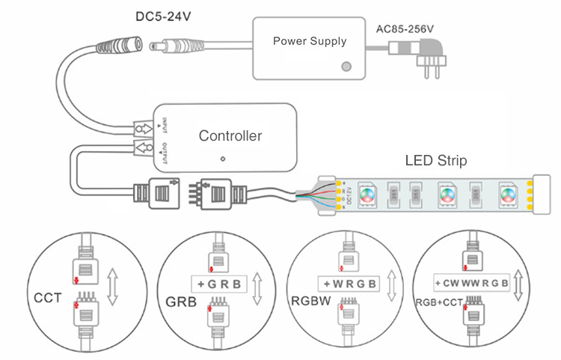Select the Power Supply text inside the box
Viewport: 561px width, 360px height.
point(310,40)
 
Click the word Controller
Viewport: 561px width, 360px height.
point(230,136)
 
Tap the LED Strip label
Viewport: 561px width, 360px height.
point(435,160)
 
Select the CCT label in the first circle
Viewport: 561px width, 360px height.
point(47,298)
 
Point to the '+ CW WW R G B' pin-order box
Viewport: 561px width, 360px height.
point(473,284)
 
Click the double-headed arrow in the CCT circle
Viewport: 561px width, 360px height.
point(112,286)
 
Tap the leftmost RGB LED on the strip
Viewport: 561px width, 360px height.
point(367,195)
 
